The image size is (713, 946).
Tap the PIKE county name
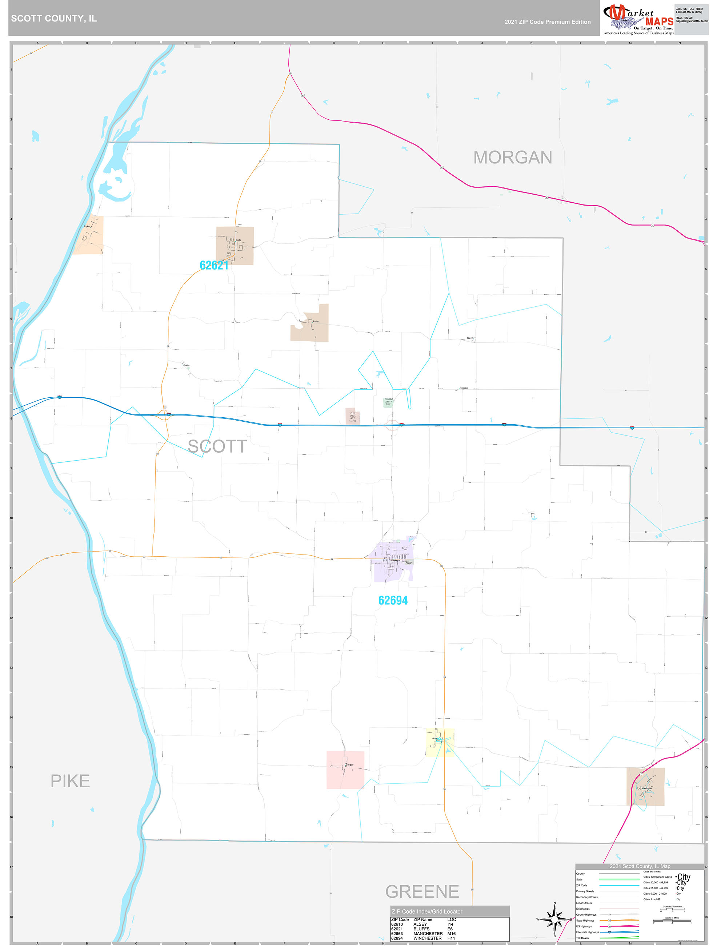point(70,781)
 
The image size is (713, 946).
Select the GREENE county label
point(422,891)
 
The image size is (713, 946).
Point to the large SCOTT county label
point(217,446)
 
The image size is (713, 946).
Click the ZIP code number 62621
point(214,265)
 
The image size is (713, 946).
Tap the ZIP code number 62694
point(393,600)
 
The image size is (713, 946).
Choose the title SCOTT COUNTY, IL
point(54,19)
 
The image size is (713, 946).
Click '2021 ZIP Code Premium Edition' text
point(547,22)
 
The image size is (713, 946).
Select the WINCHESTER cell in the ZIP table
point(428,938)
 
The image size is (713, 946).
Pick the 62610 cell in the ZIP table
point(397,924)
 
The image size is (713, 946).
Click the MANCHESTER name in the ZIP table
point(428,934)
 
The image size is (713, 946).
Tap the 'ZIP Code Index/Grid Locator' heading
point(427,911)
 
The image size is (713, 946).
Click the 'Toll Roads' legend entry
point(582,938)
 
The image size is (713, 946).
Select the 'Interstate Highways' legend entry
point(587,932)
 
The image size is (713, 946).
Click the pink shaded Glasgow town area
point(345,770)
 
